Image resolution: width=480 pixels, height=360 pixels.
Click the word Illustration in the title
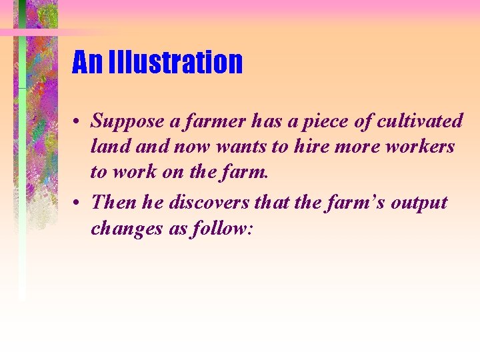click(x=175, y=62)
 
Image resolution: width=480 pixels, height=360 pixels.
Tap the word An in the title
click(x=87, y=62)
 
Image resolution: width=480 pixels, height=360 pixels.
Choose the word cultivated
click(x=420, y=121)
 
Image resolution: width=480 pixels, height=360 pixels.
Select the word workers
click(x=423, y=146)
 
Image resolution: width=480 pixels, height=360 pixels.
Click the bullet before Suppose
click(x=77, y=123)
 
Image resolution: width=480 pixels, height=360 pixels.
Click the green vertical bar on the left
click(x=22, y=167)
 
